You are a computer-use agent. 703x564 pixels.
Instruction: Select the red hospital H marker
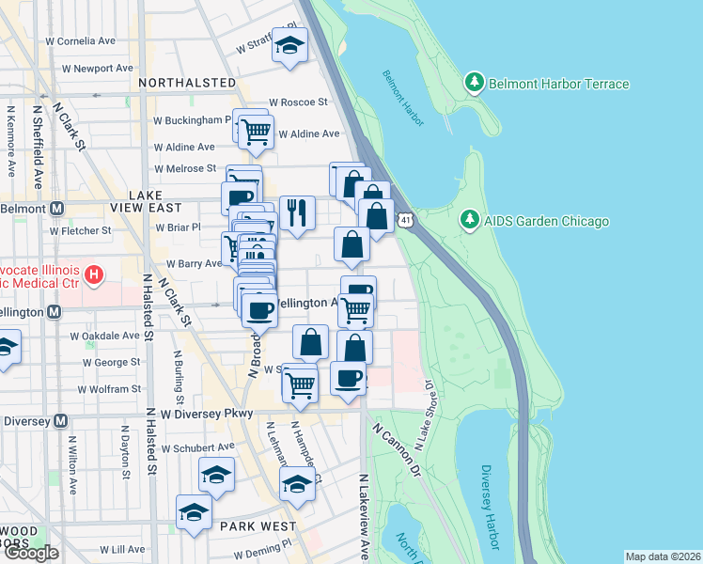[93, 275]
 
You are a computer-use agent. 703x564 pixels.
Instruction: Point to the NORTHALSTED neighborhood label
[186, 83]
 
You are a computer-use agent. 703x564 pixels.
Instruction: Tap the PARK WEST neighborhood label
[258, 526]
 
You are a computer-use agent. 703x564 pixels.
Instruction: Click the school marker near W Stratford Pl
[290, 45]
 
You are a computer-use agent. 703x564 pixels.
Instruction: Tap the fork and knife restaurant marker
[297, 212]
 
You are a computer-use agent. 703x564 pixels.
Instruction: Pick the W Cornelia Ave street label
[81, 41]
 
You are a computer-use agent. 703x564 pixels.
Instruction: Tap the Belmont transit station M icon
[57, 208]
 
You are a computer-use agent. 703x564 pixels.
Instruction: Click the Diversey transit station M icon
[61, 421]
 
